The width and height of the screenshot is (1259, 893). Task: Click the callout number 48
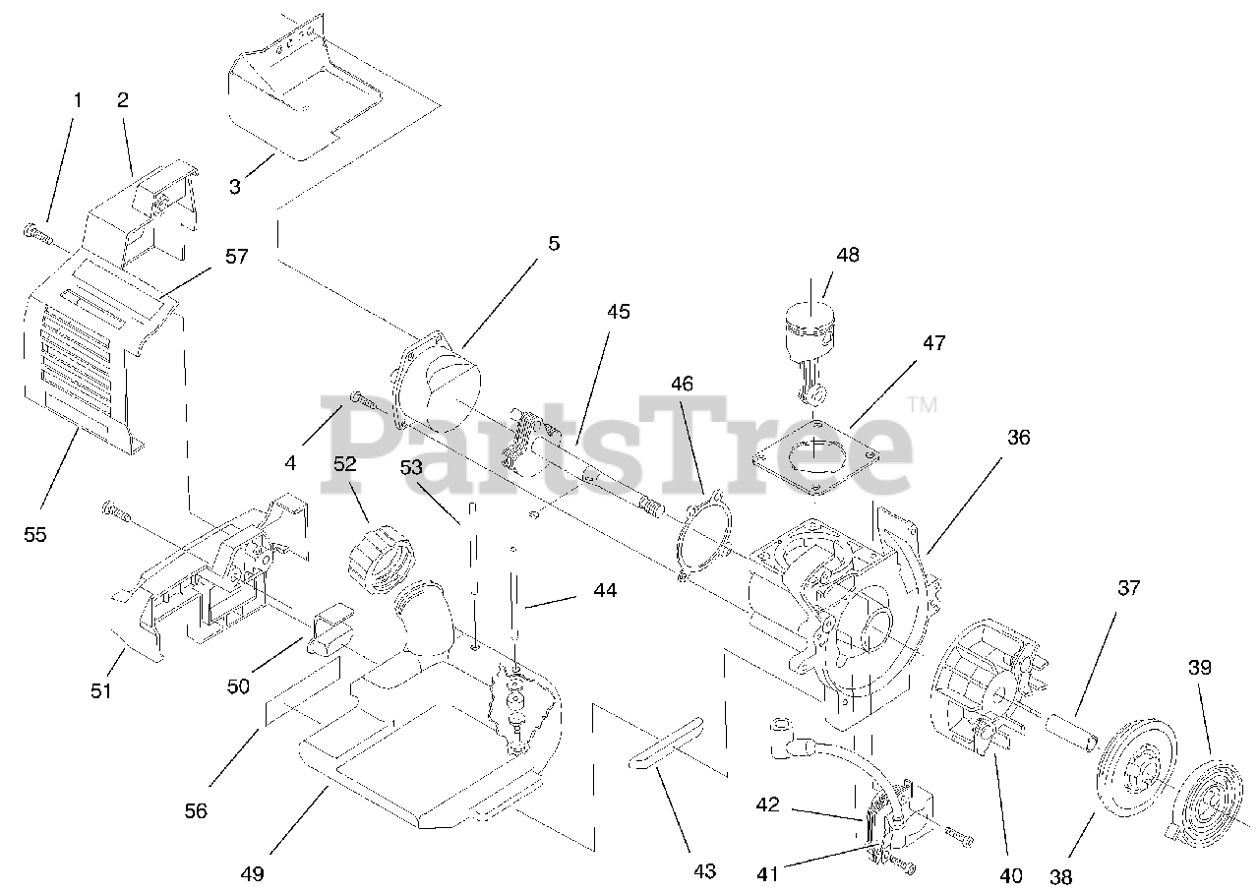[x=847, y=255]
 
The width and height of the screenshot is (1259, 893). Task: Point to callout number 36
[x=1018, y=438]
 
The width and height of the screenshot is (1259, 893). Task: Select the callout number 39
[x=1198, y=667]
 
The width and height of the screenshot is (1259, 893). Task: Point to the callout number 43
[x=704, y=870]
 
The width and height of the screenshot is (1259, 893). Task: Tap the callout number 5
[x=554, y=243]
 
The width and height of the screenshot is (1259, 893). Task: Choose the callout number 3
[x=235, y=186]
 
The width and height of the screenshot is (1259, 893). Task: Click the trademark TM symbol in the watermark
[x=922, y=404]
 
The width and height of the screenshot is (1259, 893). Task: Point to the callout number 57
[x=236, y=256]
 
